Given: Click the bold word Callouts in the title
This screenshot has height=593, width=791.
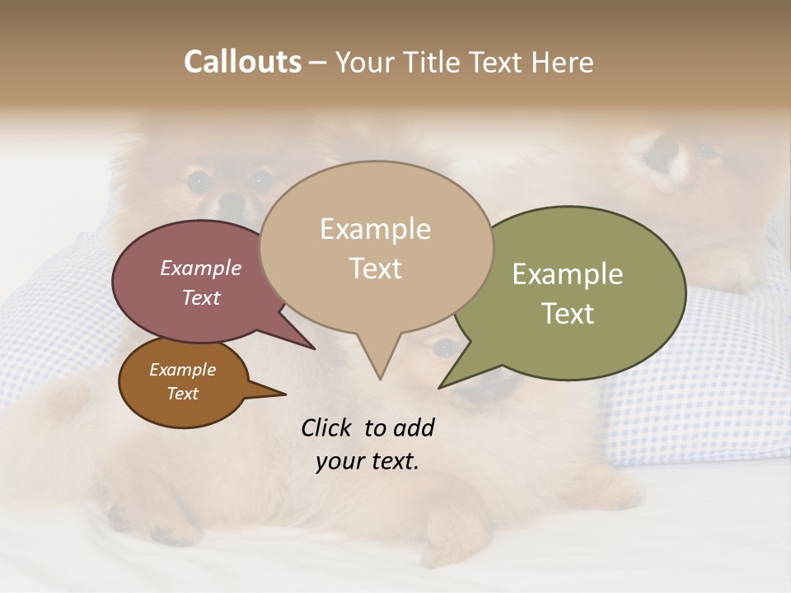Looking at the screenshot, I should pos(242,62).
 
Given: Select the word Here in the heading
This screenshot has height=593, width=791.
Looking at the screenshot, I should pos(560,63).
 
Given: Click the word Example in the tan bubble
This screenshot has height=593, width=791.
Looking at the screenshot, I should pos(375,229).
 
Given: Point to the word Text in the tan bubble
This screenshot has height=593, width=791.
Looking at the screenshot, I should pos(375,268).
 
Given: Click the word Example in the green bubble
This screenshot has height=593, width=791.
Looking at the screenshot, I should pos(568,274).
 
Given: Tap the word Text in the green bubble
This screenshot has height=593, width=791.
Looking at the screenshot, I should pos(568,314).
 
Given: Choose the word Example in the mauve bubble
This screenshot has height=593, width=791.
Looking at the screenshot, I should pos(200,268).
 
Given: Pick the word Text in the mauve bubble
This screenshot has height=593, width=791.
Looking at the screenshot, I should pos(200,297).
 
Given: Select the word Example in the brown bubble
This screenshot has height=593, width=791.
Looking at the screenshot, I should pos(182,370).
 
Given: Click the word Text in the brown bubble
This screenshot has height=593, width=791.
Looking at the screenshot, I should pos(182,394).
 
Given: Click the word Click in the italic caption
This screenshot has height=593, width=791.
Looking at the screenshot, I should pos(328,427).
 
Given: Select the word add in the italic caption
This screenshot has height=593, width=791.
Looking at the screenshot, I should pos(414,427).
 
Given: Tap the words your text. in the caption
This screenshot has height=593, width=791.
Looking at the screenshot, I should pos(367,461).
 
